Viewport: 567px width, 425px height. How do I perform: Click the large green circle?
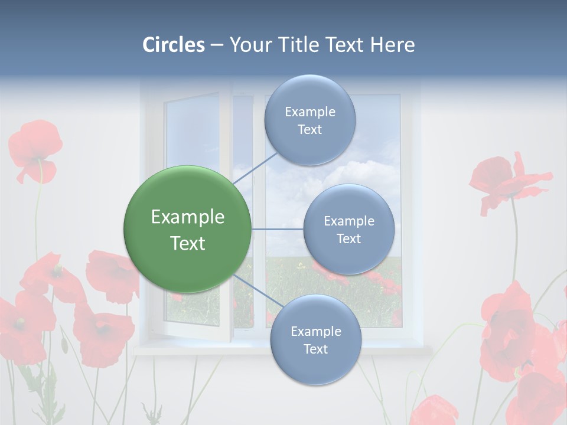[x=187, y=229]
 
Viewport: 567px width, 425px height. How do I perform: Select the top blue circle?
[x=309, y=120]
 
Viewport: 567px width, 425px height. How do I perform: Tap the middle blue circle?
[x=348, y=229]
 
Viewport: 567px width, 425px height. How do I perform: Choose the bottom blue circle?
[x=315, y=339]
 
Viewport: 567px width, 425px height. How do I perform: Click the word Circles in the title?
[x=174, y=44]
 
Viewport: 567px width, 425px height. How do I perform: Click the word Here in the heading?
[x=392, y=44]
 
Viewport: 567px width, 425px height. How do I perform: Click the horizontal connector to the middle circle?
[x=277, y=229]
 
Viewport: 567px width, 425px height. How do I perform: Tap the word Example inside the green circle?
[x=187, y=217]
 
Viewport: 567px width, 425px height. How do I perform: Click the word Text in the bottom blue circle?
[x=315, y=349]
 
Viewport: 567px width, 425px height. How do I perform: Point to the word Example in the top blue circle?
[x=309, y=112]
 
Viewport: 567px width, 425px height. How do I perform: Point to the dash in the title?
[x=216, y=45]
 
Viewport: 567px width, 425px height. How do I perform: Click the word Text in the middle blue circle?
[x=348, y=238]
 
